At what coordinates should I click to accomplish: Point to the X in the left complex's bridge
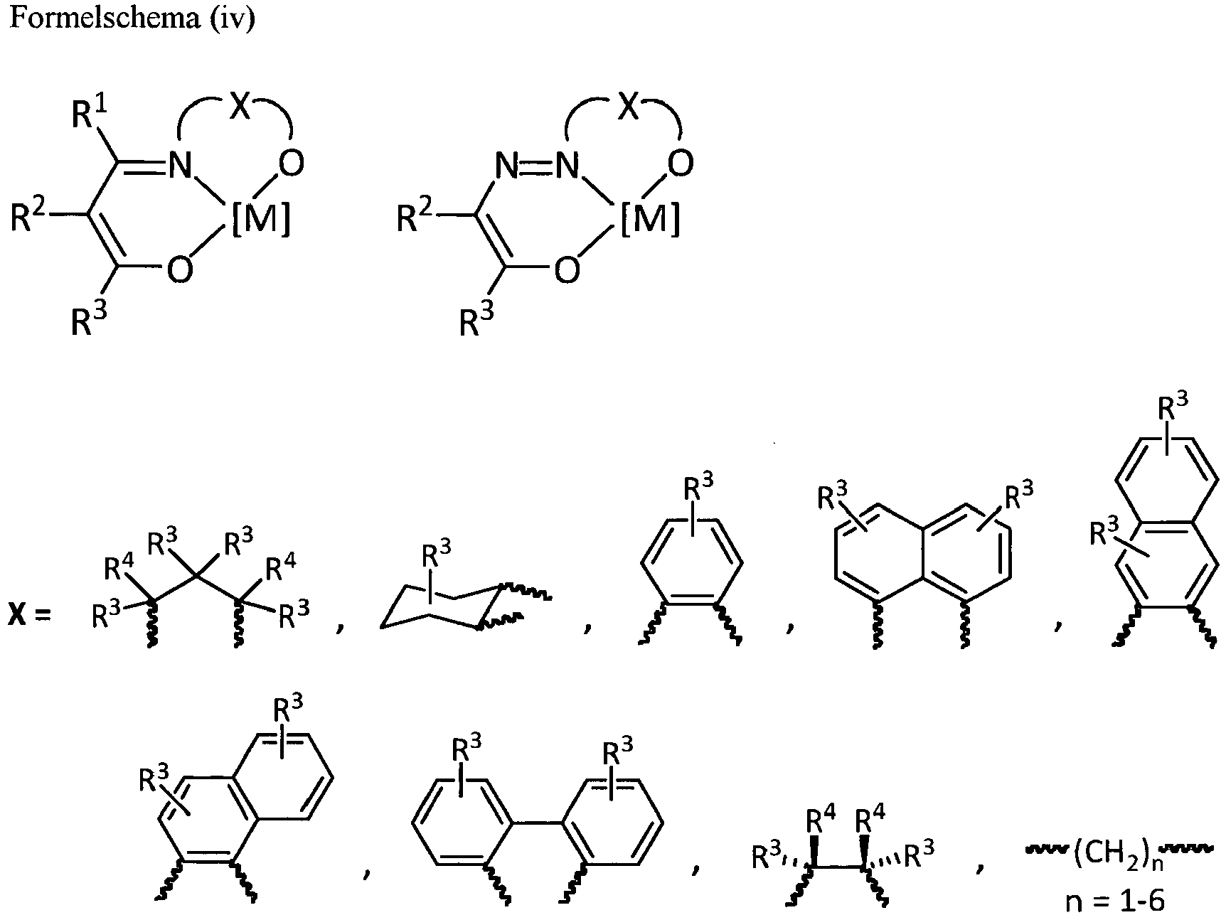[240, 107]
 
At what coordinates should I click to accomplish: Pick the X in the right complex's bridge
[629, 107]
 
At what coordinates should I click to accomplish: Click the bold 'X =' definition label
[31, 614]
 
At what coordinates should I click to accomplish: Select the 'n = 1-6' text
[1116, 901]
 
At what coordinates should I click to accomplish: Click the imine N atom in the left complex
[181, 166]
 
